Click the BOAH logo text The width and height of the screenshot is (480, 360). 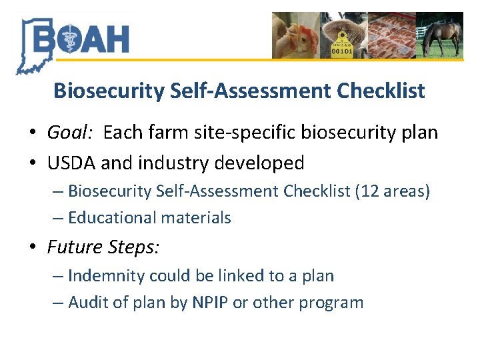pos(80,39)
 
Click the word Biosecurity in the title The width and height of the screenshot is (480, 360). pos(108,91)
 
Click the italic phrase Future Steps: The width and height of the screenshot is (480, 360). pos(103,247)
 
